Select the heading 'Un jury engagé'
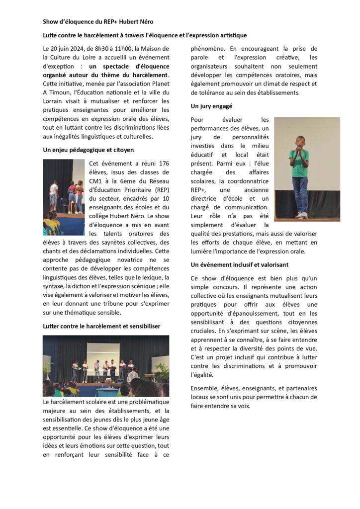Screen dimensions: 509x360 (211, 106)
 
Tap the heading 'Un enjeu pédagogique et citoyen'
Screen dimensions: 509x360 (89, 150)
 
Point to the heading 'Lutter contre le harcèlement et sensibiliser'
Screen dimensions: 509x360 (101, 326)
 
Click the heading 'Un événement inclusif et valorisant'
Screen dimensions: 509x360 (239, 265)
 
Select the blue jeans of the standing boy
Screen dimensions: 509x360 (300, 194)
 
